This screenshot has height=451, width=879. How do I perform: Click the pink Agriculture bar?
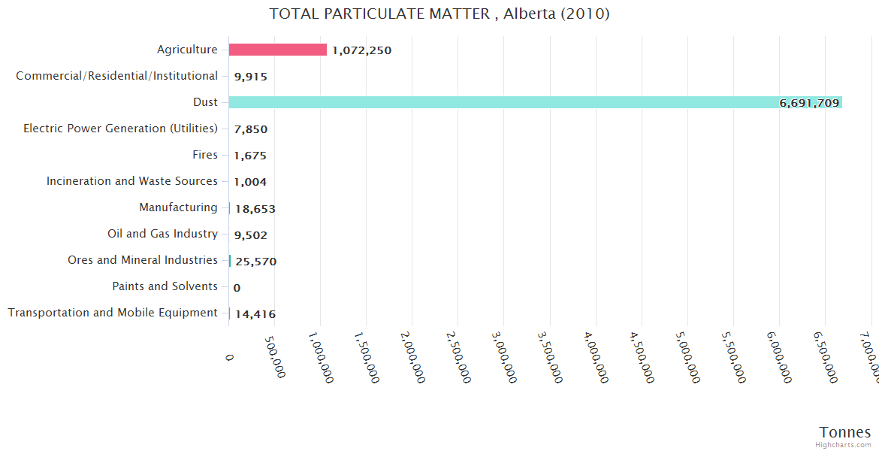coord(277,50)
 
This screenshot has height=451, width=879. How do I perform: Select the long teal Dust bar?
coord(535,102)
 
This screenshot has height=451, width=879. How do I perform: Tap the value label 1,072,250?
coord(361,50)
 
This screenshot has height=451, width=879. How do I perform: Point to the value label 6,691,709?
coord(809,103)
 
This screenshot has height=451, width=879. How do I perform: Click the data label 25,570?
coord(256,261)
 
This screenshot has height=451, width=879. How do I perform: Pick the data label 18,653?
coord(255,208)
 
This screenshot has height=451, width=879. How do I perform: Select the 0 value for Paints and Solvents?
coord(237,287)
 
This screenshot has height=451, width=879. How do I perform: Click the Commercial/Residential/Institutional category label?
coord(116,76)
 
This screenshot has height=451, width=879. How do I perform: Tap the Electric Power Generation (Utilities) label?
coord(120,129)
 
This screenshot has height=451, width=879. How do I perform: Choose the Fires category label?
coord(204,155)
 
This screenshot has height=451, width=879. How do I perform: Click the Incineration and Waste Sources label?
coord(131,181)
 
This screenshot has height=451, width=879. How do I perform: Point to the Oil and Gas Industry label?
coord(162,234)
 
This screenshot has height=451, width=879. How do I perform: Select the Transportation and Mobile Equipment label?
coord(113,313)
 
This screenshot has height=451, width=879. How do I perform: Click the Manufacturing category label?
coord(178,207)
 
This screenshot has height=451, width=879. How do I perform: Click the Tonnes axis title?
coord(844,432)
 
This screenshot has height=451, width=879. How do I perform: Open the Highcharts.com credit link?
coord(844,445)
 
